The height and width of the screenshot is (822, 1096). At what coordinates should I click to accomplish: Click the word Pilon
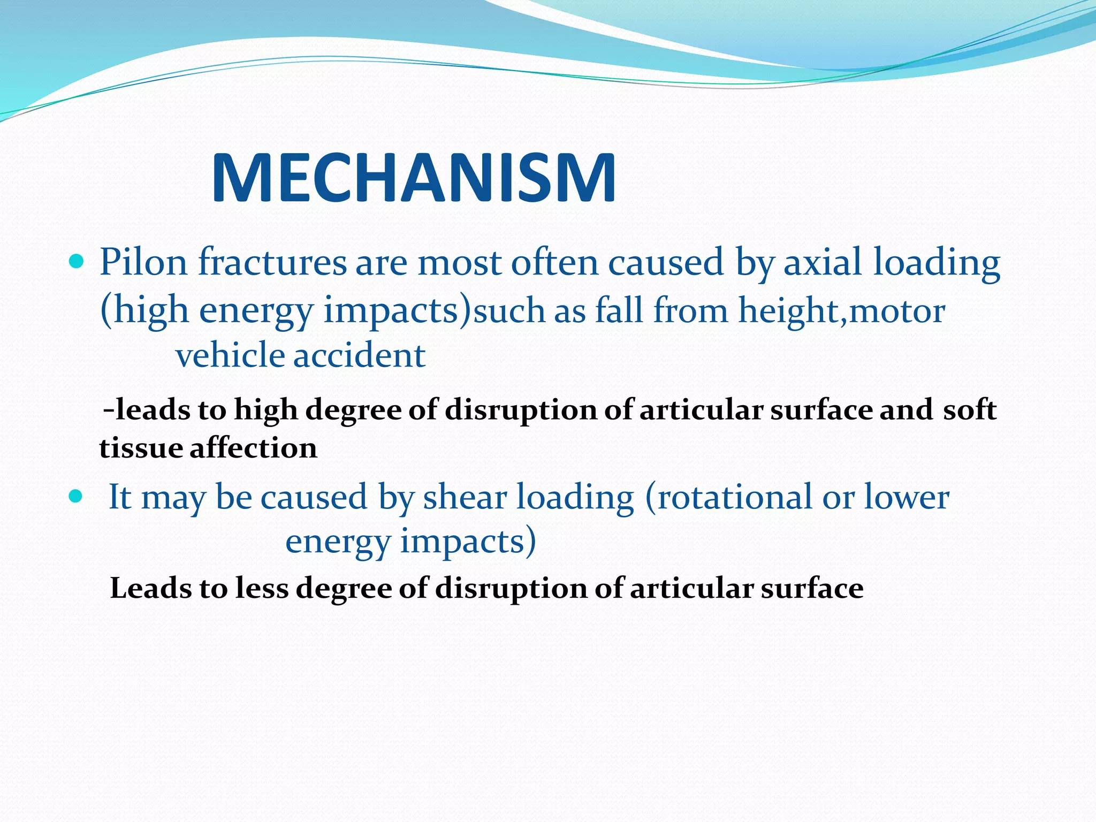point(143,262)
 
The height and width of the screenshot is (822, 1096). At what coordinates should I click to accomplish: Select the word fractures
point(272,262)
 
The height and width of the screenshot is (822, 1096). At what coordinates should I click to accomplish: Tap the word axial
point(824,262)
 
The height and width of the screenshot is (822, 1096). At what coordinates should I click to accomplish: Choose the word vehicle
point(230,355)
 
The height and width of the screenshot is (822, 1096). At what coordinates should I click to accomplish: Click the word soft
point(970,410)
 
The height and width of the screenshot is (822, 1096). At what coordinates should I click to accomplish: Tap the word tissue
point(140,448)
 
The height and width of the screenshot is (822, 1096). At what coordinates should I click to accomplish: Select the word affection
point(254,448)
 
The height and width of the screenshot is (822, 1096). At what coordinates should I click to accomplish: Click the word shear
point(465,497)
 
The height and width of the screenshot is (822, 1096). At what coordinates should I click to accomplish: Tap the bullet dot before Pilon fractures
point(77,262)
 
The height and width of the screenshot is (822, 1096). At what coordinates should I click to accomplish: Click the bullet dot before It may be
point(77,496)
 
